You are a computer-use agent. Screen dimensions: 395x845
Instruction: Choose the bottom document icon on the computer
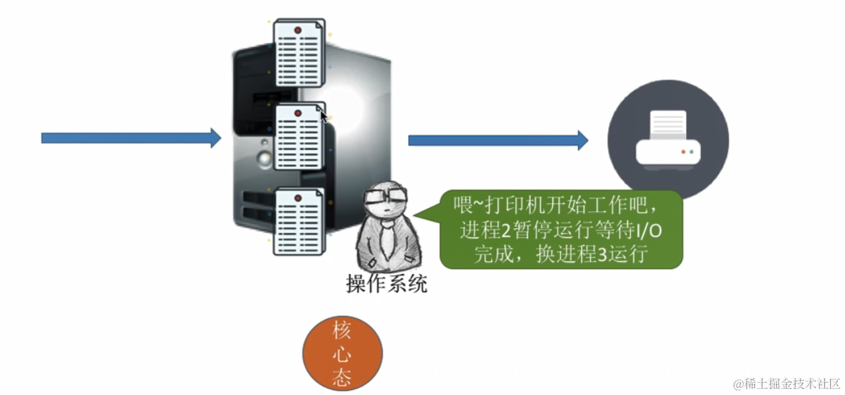point(299,221)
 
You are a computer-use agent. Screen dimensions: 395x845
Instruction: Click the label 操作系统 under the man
point(386,284)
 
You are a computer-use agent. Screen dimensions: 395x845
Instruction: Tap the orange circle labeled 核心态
point(342,354)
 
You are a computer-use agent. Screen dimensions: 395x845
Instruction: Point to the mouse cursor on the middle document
point(324,116)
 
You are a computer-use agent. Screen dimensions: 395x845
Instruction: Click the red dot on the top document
point(298,30)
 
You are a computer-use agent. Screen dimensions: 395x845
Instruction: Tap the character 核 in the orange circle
point(341,332)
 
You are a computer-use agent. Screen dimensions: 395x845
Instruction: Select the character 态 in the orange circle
point(341,378)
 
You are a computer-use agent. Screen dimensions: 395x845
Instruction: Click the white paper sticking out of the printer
point(667,124)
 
